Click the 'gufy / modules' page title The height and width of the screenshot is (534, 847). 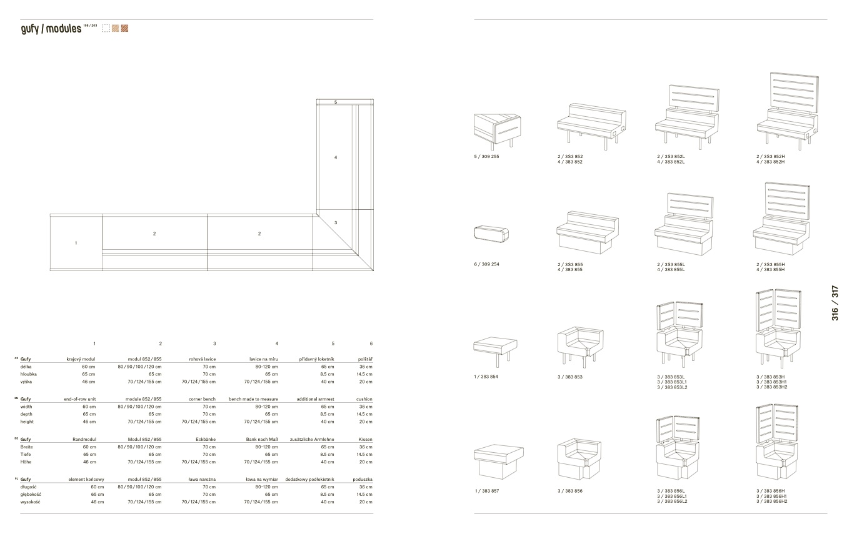coord(51,29)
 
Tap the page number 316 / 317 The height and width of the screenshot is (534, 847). coord(835,304)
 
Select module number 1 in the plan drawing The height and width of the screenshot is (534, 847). coord(76,243)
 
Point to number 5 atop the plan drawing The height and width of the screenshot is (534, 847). coord(336,102)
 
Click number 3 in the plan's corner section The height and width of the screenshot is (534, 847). coord(336,222)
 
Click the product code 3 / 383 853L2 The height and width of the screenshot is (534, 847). coord(672,387)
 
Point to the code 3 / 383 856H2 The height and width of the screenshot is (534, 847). coord(771,502)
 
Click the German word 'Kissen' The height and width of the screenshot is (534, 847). coord(366,440)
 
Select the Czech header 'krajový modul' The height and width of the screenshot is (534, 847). coord(81,359)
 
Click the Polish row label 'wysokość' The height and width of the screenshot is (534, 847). coord(31,502)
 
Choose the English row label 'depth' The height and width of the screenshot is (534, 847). coord(27,414)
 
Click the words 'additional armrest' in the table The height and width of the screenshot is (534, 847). coord(312,399)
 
